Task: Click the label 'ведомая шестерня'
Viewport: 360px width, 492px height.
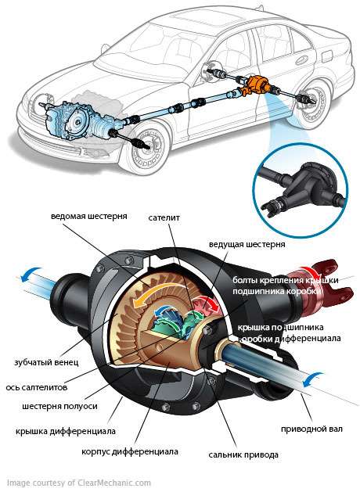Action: (88, 216)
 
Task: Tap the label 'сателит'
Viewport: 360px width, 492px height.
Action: (164, 217)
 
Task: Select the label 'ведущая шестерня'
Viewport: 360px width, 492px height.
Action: (247, 244)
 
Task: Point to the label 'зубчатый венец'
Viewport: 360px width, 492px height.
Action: (46, 362)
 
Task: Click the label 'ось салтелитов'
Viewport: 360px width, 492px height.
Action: (37, 387)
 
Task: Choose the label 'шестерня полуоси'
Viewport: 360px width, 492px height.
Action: (59, 406)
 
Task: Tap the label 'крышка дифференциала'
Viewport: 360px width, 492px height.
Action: (66, 431)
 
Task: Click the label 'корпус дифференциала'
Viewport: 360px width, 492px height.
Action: (130, 451)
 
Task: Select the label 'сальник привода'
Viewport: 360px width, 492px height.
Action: (243, 454)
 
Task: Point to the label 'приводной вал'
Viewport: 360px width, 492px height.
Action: (311, 429)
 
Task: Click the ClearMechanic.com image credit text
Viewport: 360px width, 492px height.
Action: (79, 483)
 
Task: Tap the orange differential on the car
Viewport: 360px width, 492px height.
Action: (256, 85)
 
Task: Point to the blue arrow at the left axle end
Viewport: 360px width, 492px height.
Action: (30, 274)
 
